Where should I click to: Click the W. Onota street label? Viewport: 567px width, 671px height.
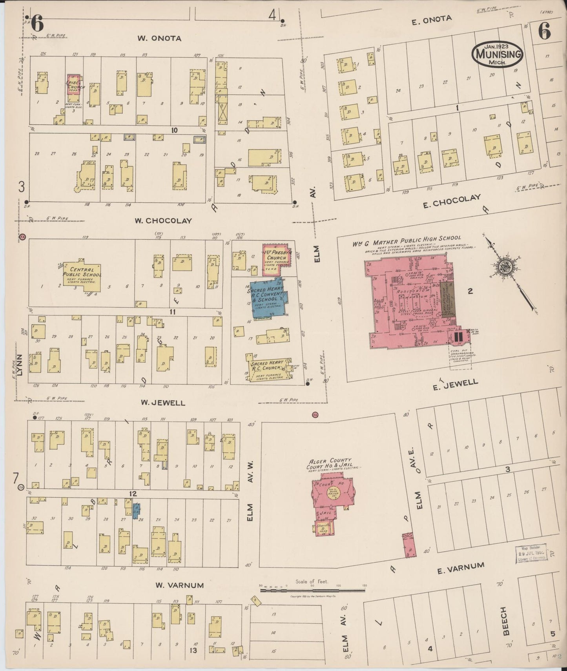[159, 38]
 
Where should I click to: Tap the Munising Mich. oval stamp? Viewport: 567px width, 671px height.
[497, 55]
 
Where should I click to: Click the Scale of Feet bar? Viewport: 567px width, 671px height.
[312, 589]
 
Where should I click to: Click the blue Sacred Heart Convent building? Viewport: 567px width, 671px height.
[269, 298]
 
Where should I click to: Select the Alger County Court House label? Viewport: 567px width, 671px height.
[330, 463]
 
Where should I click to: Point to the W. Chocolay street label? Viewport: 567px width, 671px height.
[163, 221]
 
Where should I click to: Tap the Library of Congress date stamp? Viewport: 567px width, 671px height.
[531, 554]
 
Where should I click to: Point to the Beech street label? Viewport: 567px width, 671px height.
[505, 621]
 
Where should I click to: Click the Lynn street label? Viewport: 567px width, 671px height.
[20, 365]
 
